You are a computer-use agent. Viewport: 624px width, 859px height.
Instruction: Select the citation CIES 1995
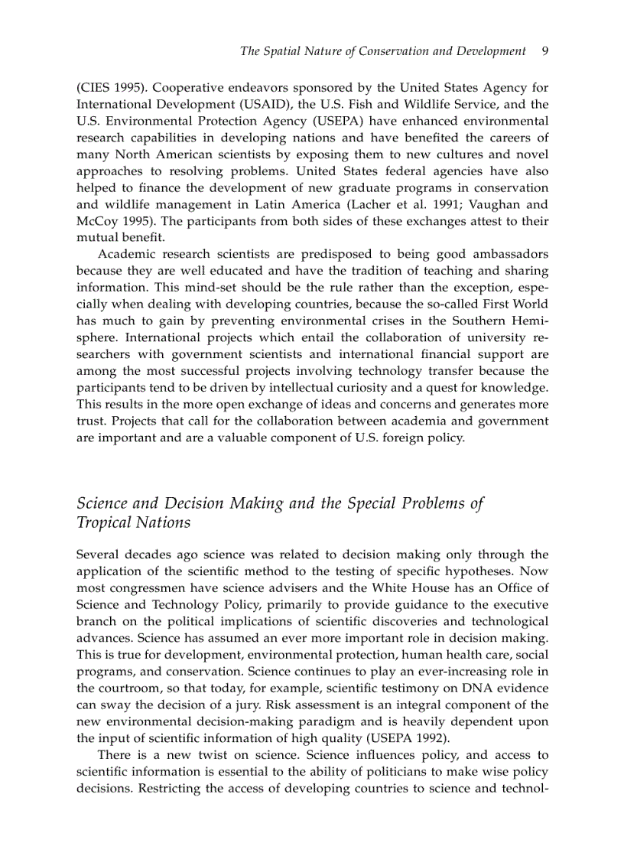(x=106, y=88)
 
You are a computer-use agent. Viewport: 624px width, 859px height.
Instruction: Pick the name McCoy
(x=95, y=221)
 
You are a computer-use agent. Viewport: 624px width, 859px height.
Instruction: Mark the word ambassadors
(x=503, y=254)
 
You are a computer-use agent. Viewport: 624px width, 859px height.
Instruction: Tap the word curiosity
(x=360, y=388)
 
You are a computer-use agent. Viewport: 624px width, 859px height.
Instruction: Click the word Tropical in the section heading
(x=105, y=523)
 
